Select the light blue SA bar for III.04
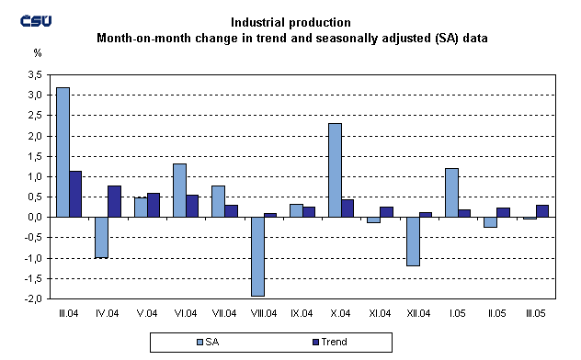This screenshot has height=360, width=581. coord(63,152)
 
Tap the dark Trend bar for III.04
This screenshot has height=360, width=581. coord(76,194)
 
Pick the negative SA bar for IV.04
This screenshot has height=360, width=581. coord(102,237)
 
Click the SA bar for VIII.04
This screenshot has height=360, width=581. coord(257,256)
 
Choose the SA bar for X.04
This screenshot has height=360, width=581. coord(336,170)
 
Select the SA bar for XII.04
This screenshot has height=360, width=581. coord(413,242)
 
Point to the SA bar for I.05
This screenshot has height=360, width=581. coord(451,193)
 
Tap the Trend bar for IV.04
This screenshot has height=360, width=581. coord(115,201)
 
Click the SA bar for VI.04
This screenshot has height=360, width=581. coord(180,190)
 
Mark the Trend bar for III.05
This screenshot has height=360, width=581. coord(542,210)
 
